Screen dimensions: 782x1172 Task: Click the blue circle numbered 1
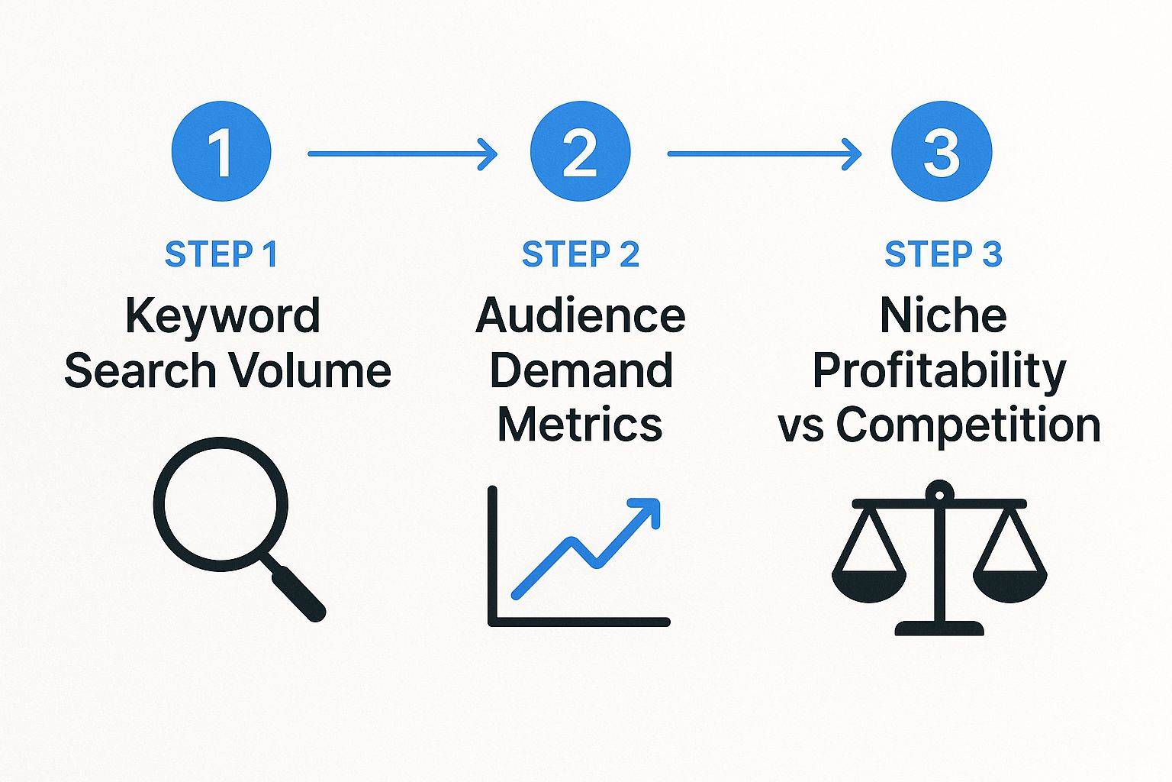coord(221,151)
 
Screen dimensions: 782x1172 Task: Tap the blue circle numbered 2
coord(580,151)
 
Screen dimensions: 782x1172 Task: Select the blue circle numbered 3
coord(942,151)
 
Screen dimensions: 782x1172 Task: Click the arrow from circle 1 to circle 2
coord(402,153)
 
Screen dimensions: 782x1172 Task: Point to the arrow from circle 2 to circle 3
coord(764,153)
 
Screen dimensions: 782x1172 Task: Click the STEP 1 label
coord(221,254)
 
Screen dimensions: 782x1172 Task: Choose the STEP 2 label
coord(580,254)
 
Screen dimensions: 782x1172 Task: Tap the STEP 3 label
coord(942,254)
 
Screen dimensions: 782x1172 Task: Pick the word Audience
coord(580,315)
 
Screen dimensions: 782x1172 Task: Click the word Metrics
coord(580,425)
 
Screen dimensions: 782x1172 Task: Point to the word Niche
coord(942,315)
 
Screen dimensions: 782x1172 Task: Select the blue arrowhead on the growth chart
coord(647,511)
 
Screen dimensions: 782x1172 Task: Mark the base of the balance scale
coord(939,629)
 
